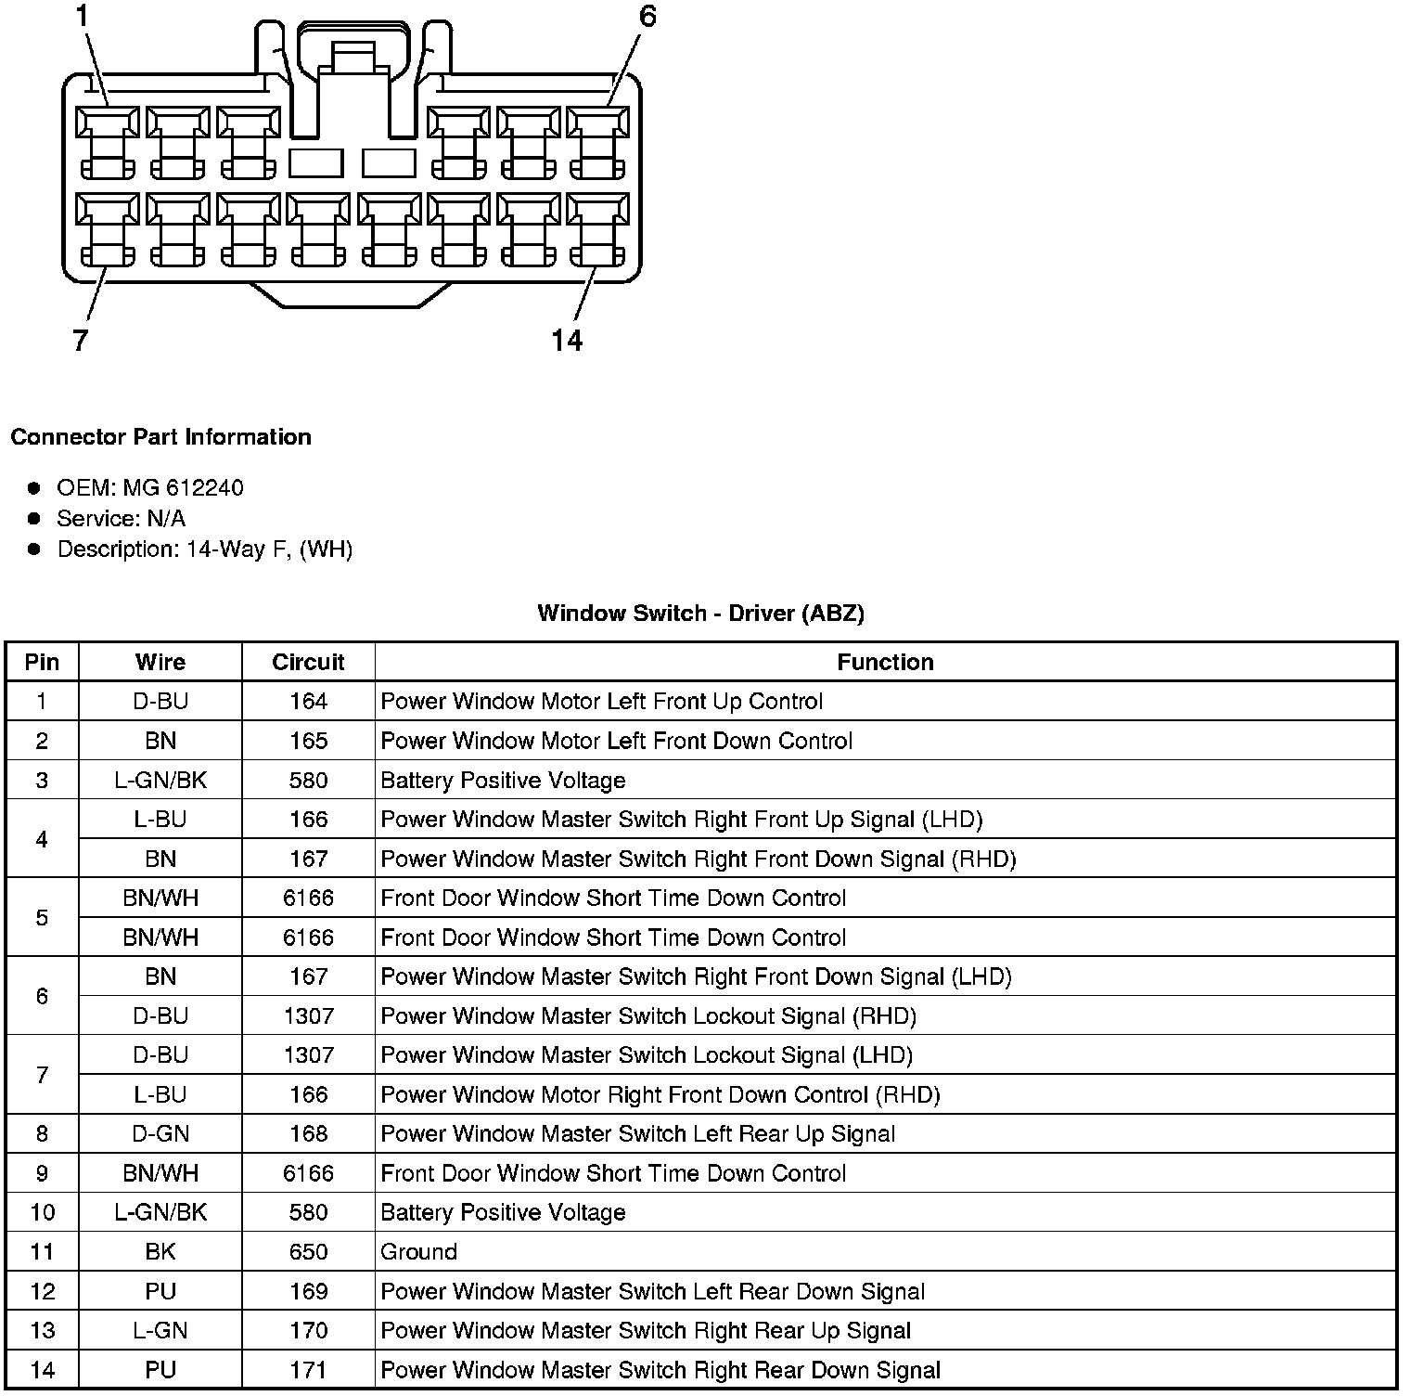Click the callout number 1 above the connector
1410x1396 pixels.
pyautogui.click(x=83, y=16)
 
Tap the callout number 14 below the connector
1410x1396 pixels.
pyautogui.click(x=567, y=341)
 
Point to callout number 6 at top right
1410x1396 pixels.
pyautogui.click(x=647, y=16)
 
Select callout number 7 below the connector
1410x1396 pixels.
pyautogui.click(x=81, y=341)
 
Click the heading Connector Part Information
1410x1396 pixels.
pyautogui.click(x=160, y=436)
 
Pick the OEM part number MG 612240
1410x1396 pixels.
pyautogui.click(x=183, y=487)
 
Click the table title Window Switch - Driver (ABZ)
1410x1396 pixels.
pyautogui.click(x=700, y=613)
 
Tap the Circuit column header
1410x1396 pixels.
pyautogui.click(x=308, y=662)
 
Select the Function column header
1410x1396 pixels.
pyautogui.click(x=885, y=662)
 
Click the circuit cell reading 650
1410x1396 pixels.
pyautogui.click(x=308, y=1251)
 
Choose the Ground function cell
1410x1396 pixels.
pyautogui.click(x=419, y=1251)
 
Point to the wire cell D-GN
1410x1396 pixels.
pyautogui.click(x=160, y=1133)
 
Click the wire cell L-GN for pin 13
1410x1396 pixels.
pyautogui.click(x=160, y=1330)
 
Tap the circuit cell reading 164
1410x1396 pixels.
pyautogui.click(x=308, y=701)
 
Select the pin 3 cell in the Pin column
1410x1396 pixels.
pyautogui.click(x=42, y=780)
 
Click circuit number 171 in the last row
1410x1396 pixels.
pyautogui.click(x=308, y=1370)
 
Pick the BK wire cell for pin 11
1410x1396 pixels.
pyautogui.click(x=160, y=1251)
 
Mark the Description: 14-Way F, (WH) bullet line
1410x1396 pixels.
pyautogui.click(x=204, y=549)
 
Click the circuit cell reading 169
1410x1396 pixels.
pyautogui.click(x=308, y=1291)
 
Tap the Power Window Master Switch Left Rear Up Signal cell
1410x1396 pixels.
pyautogui.click(x=638, y=1133)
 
